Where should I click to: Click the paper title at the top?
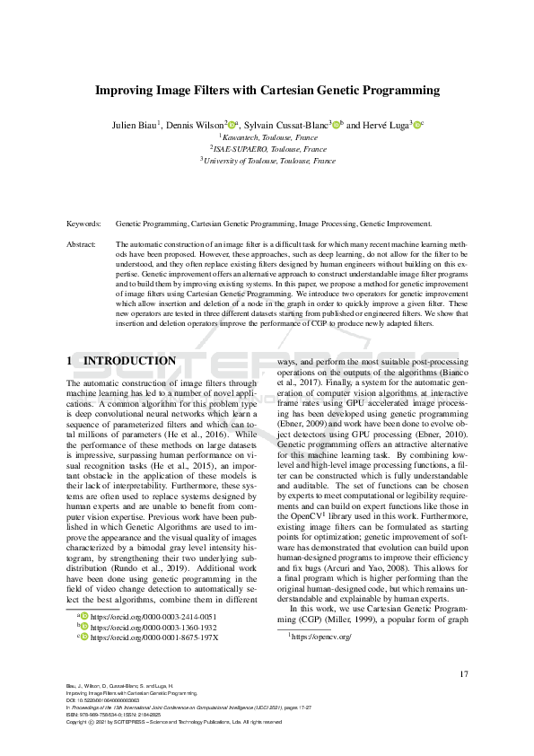tap(267, 91)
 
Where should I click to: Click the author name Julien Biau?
tap(135, 125)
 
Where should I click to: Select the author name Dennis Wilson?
tap(197, 125)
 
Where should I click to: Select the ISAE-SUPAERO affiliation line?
tap(267, 149)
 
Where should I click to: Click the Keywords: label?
tap(84, 223)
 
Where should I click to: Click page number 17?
tap(463, 674)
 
